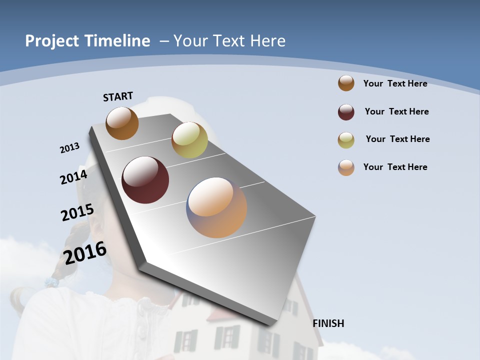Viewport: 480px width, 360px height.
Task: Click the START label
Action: tap(118, 96)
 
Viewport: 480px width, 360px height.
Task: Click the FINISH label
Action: tap(328, 323)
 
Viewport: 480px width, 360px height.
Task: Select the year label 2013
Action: tap(70, 148)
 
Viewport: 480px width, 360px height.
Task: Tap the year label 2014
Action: tap(73, 177)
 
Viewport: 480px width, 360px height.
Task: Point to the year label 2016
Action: tap(85, 253)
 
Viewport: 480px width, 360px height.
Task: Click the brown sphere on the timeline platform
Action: tap(122, 123)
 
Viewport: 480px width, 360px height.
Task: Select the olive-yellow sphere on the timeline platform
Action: tap(189, 139)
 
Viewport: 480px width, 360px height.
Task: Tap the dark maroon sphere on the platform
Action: tap(145, 180)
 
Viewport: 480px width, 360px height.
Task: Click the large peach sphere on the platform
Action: tap(216, 207)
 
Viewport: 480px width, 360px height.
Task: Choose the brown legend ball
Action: tap(346, 83)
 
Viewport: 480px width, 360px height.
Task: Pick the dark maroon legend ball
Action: tap(346, 112)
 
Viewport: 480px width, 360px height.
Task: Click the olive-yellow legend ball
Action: tap(346, 140)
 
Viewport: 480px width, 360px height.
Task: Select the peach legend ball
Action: tap(346, 167)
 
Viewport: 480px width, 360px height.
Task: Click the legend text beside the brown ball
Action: tap(395, 83)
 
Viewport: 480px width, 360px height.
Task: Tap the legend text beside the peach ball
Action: tap(395, 167)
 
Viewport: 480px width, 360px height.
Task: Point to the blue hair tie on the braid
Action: tap(51, 282)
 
